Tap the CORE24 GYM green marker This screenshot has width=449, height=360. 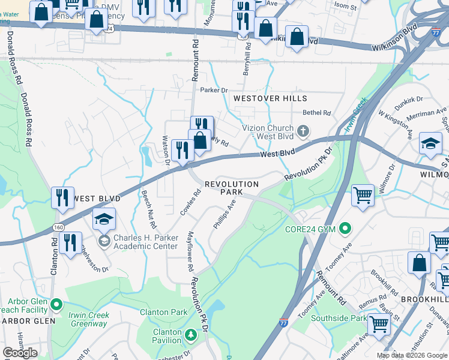pos(345,228)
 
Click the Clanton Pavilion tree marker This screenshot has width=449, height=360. pos(190,334)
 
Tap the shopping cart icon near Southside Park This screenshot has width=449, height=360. pos(379,323)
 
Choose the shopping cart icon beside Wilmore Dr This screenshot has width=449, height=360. pos(363,194)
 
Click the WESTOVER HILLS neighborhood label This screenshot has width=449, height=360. pos(270,98)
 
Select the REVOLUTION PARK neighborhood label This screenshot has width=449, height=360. pos(232,188)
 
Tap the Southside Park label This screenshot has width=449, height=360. pos(338,319)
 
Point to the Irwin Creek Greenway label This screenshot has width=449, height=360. pos(87,320)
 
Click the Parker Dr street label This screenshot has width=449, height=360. pos(214,90)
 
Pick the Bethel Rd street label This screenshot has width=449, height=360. pos(317,112)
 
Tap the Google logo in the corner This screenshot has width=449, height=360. pos(20,353)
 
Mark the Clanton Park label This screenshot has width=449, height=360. pos(163,312)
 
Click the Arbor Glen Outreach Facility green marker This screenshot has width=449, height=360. pos(57,305)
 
